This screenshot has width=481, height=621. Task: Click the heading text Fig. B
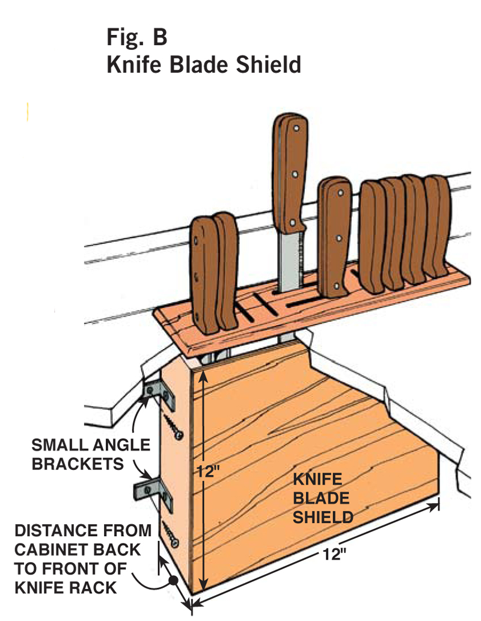point(137,37)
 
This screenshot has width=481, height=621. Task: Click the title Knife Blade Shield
point(204,64)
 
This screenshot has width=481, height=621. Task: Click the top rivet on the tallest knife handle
point(297,127)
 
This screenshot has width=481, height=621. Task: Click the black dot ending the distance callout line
point(173,581)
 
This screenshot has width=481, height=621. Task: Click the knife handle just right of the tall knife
point(335,235)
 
